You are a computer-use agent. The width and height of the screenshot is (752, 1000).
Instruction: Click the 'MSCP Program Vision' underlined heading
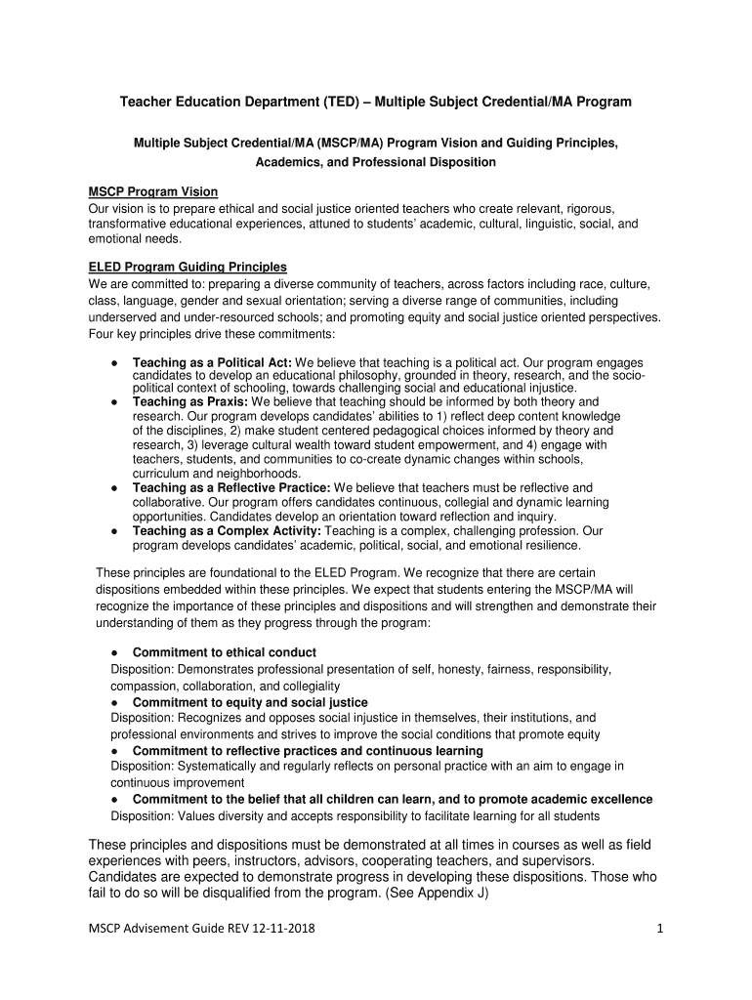click(x=153, y=191)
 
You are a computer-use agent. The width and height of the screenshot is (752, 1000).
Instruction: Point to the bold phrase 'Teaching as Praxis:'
click(x=190, y=401)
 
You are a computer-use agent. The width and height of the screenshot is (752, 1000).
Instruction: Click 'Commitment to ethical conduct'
click(x=225, y=652)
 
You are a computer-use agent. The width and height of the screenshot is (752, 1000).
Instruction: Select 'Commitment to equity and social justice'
click(x=250, y=702)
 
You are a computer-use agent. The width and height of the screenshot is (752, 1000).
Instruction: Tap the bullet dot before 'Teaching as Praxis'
click(x=115, y=401)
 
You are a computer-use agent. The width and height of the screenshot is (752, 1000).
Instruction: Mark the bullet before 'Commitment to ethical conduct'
click(x=115, y=652)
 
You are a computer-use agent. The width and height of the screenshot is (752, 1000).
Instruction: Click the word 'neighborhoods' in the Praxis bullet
click(x=235, y=474)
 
